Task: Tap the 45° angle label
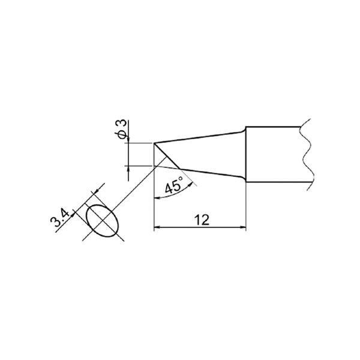pyautogui.click(x=173, y=187)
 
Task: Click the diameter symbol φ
pyautogui.click(x=122, y=137)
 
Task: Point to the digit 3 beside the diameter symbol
pyautogui.click(x=122, y=125)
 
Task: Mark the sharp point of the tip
pyautogui.click(x=154, y=143)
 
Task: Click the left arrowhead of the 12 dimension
pyautogui.click(x=158, y=227)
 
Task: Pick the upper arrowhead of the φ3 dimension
pyautogui.click(x=128, y=140)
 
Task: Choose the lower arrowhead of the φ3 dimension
pyautogui.click(x=128, y=169)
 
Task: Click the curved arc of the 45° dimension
pyautogui.click(x=180, y=193)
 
